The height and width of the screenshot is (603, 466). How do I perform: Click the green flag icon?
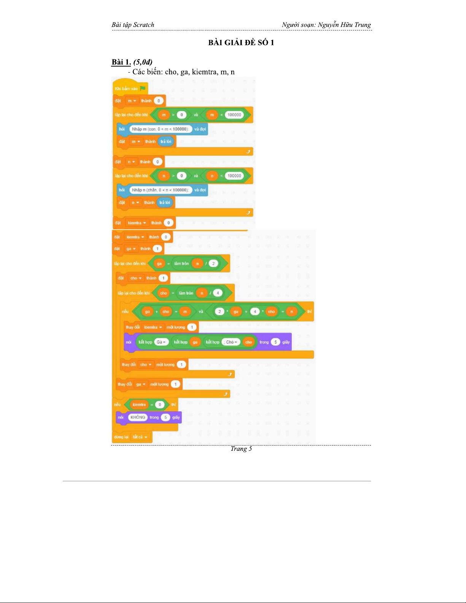click(143, 88)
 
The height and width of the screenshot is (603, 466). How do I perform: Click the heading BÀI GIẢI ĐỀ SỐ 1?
click(241, 43)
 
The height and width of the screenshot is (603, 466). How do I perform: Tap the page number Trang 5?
click(241, 449)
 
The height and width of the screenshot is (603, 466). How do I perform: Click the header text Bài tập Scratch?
click(133, 25)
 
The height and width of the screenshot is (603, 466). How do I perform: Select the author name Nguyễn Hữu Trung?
click(344, 25)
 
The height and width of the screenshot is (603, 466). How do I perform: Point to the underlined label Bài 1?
click(121, 62)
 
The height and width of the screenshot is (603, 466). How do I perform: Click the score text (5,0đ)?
click(143, 62)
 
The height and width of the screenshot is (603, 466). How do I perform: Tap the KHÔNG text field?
click(138, 417)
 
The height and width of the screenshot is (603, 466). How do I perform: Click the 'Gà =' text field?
click(161, 342)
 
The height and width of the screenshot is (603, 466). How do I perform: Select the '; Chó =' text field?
click(231, 342)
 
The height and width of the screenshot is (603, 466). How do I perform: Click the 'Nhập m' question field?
click(159, 129)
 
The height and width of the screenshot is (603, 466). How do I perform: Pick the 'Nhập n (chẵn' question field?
click(160, 190)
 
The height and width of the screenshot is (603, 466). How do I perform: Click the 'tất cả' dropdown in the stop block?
click(140, 437)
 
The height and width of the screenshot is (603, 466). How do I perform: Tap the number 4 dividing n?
click(218, 293)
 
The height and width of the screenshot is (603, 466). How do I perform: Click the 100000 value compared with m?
click(234, 115)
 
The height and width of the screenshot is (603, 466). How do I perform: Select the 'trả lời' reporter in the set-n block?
click(165, 202)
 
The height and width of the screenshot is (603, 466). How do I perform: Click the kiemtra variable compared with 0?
click(139, 404)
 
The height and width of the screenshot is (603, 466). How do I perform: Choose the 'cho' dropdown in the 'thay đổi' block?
click(146, 364)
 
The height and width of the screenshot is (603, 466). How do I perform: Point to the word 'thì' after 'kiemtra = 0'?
click(173, 404)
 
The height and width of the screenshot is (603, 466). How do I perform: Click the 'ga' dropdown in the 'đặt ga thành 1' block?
click(131, 249)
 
